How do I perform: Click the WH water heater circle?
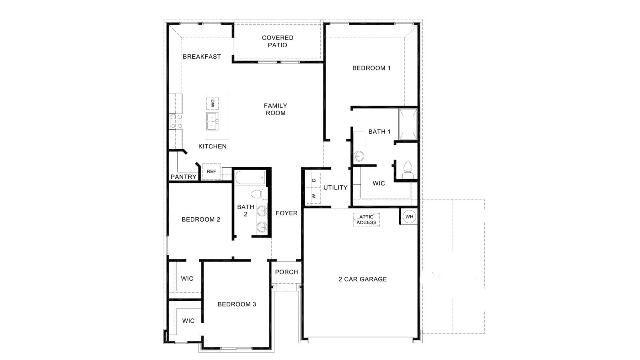tap(409, 217)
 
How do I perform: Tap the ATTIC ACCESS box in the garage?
tap(366, 220)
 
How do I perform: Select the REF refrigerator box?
tap(211, 172)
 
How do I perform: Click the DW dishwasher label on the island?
tap(212, 104)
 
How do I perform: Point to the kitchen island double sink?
tap(212, 121)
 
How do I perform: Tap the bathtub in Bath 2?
tap(250, 177)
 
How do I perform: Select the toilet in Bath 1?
tap(408, 170)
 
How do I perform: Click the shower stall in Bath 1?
tap(408, 124)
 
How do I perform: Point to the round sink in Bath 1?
tap(359, 155)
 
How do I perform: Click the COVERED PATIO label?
tap(278, 41)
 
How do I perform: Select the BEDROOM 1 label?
tap(371, 68)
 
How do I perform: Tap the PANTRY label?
tap(184, 177)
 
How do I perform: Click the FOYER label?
tap(287, 213)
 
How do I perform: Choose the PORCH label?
tap(286, 272)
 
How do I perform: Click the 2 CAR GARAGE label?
tap(362, 279)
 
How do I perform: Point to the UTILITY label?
tap(335, 188)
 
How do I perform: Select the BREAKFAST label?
tap(202, 57)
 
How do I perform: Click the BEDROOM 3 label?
tap(237, 304)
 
